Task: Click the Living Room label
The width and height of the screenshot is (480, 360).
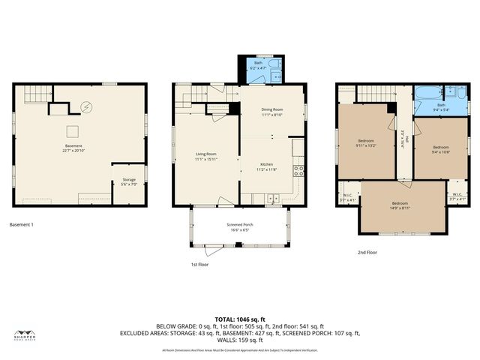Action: pyautogui.click(x=205, y=156)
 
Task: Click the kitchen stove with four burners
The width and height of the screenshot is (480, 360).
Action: pyautogui.click(x=298, y=169)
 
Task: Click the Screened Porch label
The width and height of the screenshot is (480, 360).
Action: pyautogui.click(x=240, y=226)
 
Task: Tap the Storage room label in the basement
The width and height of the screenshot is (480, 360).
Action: pyautogui.click(x=129, y=181)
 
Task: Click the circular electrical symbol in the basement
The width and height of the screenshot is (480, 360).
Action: pyautogui.click(x=87, y=108)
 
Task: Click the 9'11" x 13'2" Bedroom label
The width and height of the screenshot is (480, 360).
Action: pyautogui.click(x=366, y=144)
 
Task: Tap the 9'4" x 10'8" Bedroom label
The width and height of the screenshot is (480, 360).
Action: pyautogui.click(x=441, y=149)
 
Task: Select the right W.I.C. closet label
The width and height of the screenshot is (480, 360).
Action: pyautogui.click(x=457, y=196)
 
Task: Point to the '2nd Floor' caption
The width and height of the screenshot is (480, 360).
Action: pyautogui.click(x=367, y=253)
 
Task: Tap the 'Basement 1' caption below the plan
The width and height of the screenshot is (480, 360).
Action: pyautogui.click(x=22, y=224)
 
